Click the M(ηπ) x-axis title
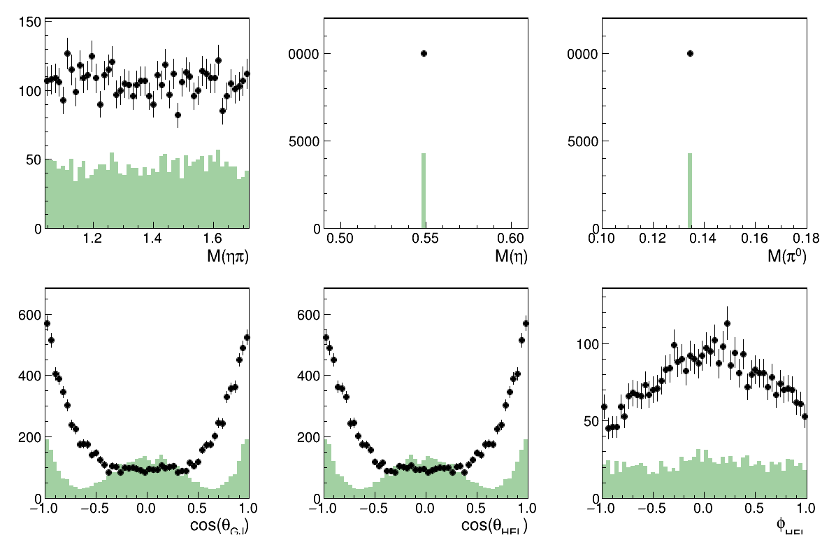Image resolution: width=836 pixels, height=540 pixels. (x=228, y=257)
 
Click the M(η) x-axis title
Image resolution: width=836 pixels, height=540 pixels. (x=511, y=257)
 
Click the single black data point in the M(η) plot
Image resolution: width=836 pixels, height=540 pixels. (x=424, y=53)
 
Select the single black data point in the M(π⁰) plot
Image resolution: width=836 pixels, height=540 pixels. (x=690, y=53)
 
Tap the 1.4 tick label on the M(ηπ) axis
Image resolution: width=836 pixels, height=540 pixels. (x=153, y=239)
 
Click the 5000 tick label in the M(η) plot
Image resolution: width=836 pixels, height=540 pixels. (x=302, y=141)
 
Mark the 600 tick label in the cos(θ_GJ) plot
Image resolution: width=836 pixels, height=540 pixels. (x=29, y=315)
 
